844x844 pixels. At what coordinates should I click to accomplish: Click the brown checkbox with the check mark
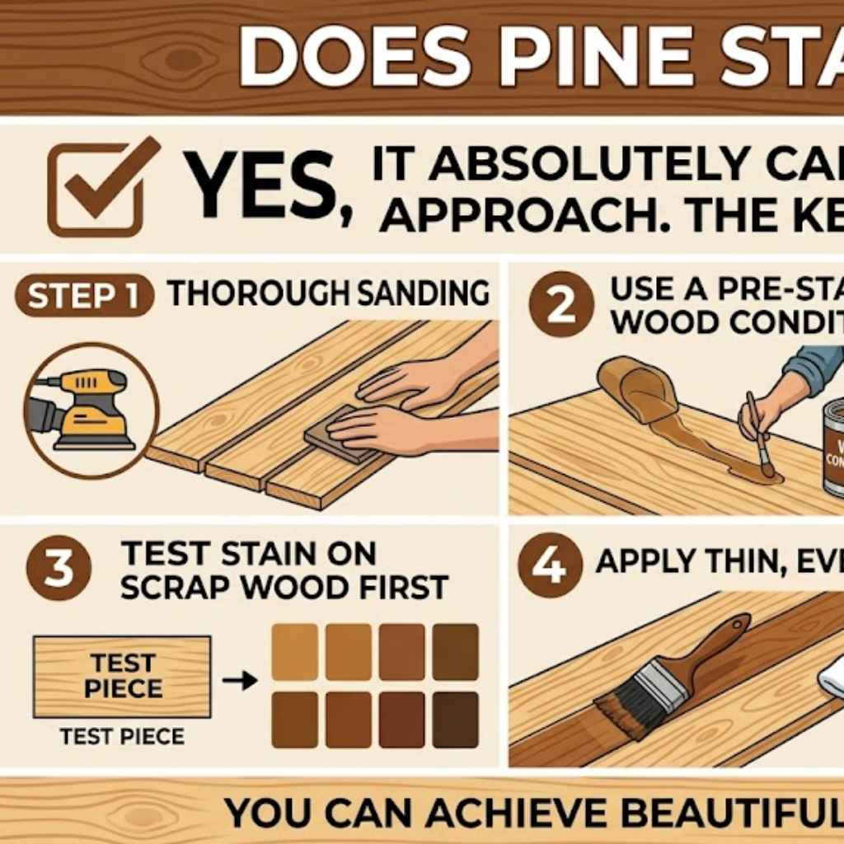click(92, 188)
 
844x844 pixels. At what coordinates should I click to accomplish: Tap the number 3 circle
click(59, 569)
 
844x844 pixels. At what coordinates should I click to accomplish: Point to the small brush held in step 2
click(758, 437)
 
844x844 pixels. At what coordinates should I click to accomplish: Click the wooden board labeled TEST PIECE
click(122, 676)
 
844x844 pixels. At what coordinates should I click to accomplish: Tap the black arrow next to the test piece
click(240, 681)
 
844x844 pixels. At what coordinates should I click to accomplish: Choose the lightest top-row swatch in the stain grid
click(294, 651)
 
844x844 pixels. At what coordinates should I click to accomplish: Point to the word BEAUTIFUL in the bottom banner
click(742, 813)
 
